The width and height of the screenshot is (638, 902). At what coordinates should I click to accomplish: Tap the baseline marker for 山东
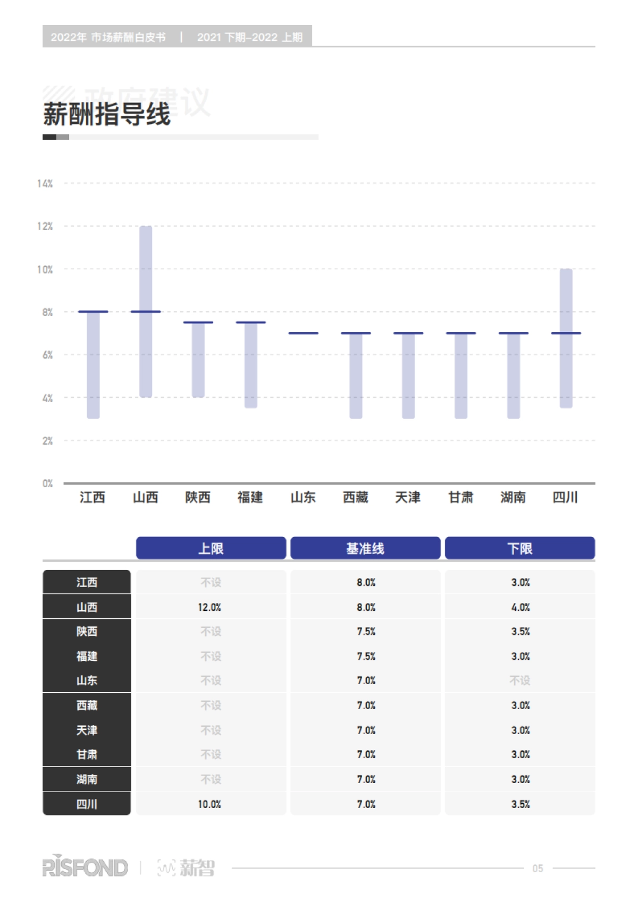(x=303, y=333)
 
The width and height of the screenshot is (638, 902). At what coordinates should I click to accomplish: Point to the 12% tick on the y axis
(x=45, y=226)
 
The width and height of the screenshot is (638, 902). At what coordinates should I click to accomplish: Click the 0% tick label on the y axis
(x=47, y=483)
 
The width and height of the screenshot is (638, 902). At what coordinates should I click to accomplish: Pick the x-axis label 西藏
(x=356, y=497)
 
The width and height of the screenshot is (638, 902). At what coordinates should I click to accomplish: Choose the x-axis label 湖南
(x=513, y=497)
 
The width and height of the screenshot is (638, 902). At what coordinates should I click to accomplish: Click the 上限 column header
(x=211, y=548)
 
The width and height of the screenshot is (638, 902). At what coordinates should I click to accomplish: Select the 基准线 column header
(x=365, y=548)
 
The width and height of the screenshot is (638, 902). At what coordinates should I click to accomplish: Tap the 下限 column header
(x=520, y=548)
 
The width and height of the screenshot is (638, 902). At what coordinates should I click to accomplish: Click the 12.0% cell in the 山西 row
(x=209, y=607)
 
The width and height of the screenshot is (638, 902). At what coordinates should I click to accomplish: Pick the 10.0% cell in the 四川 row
(x=209, y=804)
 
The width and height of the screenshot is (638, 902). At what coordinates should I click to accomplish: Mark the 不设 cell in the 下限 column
(x=520, y=680)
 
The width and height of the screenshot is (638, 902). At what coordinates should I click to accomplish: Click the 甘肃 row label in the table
(x=87, y=754)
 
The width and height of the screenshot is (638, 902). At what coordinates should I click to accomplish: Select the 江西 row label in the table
(x=87, y=582)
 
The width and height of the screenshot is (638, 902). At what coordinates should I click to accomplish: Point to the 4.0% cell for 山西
(x=521, y=607)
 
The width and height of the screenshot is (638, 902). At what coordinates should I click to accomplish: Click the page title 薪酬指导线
(x=107, y=114)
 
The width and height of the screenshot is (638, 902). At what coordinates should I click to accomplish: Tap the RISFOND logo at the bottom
(x=85, y=868)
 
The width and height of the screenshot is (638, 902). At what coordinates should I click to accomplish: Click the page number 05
(x=538, y=869)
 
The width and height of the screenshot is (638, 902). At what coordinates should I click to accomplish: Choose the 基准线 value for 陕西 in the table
(x=366, y=632)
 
